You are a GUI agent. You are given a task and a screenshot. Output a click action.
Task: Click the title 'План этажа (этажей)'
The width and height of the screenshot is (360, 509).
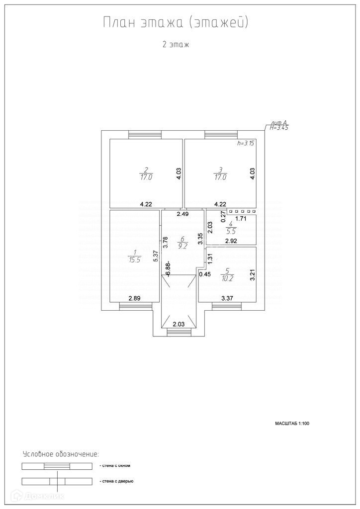point(175,23)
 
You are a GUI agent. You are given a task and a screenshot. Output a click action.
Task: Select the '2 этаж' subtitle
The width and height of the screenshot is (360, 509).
point(176,45)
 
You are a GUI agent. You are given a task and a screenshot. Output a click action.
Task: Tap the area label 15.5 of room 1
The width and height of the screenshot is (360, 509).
point(135,259)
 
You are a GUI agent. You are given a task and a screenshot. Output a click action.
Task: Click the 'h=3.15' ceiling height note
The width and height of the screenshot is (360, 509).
point(246,143)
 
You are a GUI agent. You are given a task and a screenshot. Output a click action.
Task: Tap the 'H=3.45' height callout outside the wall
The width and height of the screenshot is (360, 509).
point(279,128)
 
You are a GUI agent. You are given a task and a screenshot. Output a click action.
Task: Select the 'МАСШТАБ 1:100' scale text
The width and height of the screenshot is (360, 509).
point(292,424)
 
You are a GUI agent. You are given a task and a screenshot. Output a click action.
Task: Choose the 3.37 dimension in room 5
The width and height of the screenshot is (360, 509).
point(228,298)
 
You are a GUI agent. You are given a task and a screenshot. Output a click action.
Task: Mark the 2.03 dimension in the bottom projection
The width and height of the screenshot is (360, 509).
point(179,325)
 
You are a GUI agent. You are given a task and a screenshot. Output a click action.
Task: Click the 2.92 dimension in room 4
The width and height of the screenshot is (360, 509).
point(232,242)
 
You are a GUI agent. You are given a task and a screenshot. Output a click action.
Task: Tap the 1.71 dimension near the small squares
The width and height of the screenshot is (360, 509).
point(241,218)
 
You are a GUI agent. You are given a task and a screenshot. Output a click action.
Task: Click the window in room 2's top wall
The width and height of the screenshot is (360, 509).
point(145,134)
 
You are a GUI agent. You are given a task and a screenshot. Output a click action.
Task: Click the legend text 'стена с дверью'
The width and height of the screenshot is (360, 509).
point(116,481)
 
